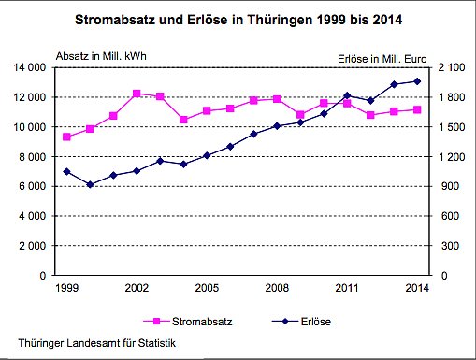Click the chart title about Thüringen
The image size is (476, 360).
tap(238, 18)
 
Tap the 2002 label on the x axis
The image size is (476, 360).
tap(136, 287)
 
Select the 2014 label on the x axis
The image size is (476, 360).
tap(417, 287)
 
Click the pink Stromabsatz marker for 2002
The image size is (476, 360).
tap(137, 94)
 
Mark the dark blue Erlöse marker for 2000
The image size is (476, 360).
tap(90, 184)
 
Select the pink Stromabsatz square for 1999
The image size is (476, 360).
tap(66, 137)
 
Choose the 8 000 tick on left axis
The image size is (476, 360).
tap(39, 156)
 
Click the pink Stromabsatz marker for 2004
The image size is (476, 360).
tap(183, 120)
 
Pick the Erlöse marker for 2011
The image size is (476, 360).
tap(347, 95)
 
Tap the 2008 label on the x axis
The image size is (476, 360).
tap(277, 287)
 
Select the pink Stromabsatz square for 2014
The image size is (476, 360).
tap(417, 109)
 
